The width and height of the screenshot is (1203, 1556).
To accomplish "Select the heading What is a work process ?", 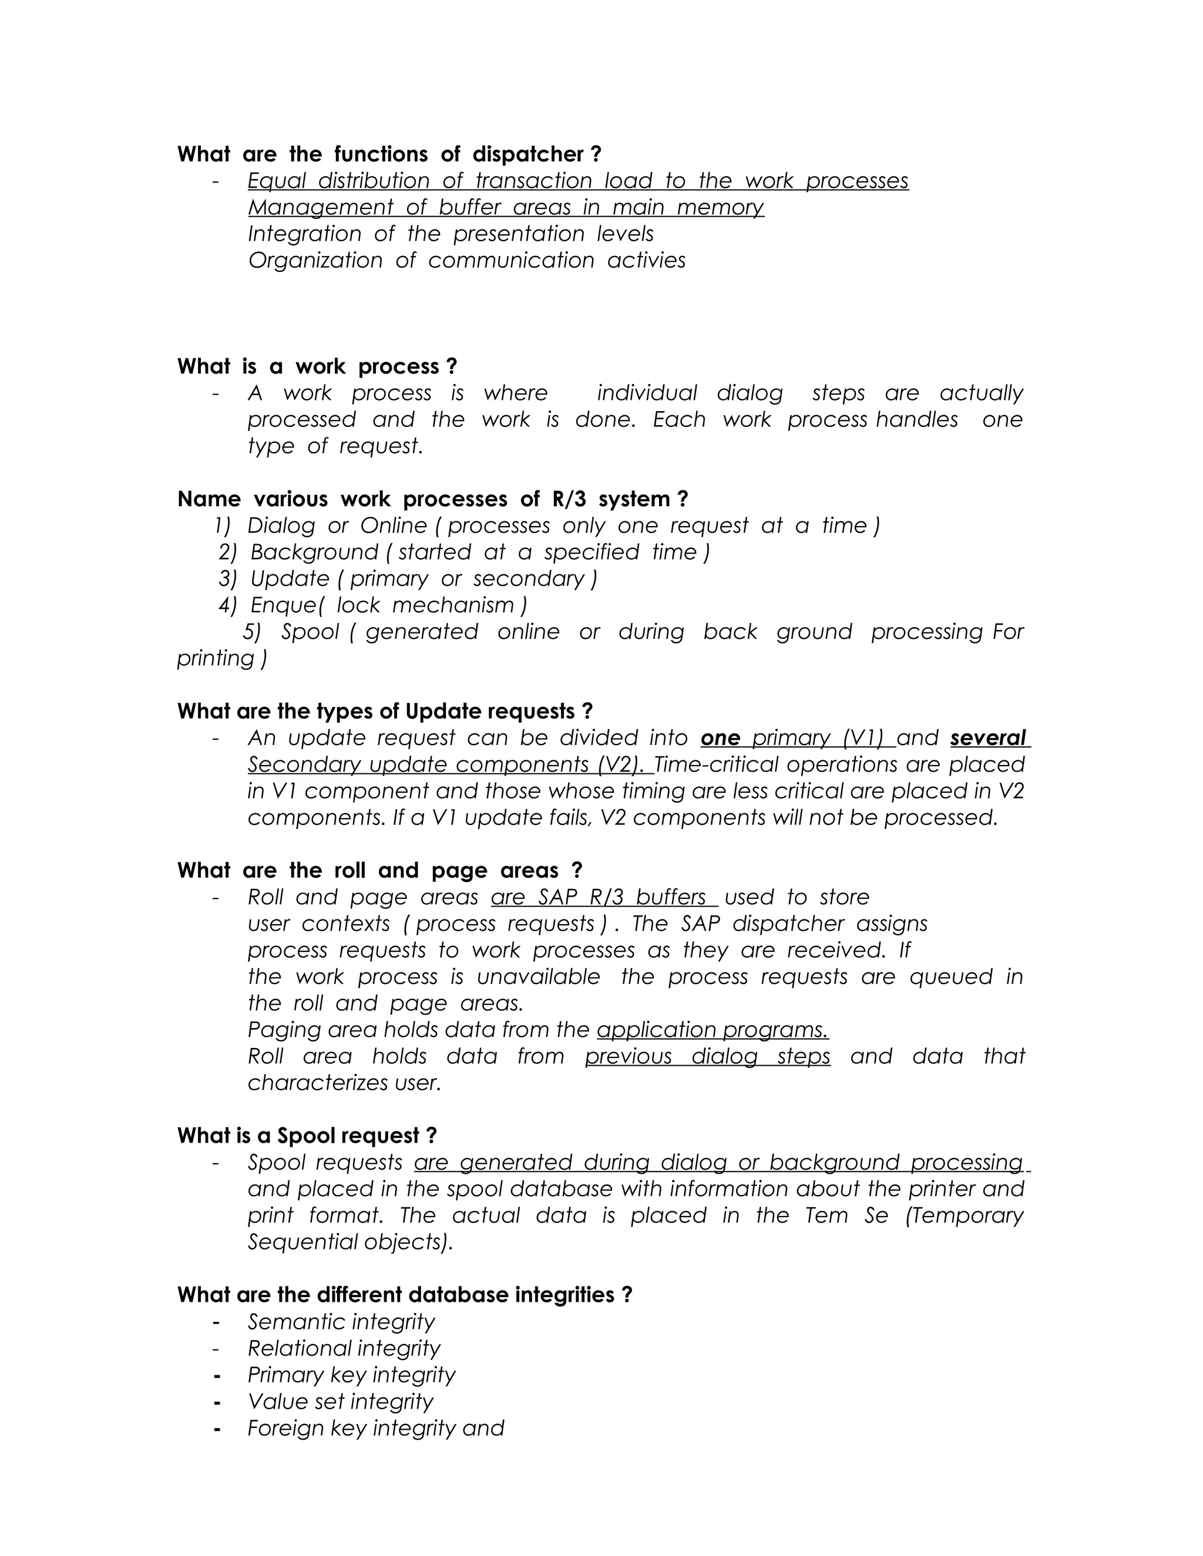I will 317,367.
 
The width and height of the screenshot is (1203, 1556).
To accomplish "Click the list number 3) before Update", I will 227,579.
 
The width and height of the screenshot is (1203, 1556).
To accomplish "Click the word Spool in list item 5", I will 310,632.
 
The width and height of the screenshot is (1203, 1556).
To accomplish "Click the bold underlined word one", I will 720,738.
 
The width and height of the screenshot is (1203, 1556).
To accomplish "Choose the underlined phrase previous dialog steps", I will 708,1056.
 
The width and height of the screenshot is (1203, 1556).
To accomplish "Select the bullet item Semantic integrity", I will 341,1322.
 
